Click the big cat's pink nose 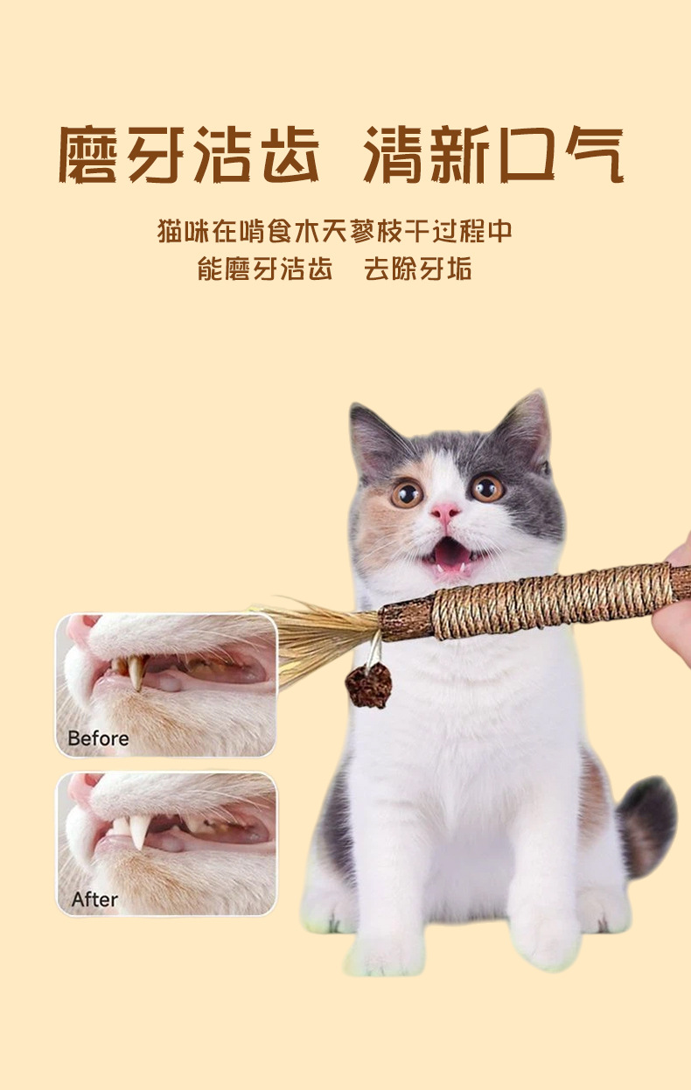445,511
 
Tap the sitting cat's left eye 407,494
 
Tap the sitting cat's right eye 486,487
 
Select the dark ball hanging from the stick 368,684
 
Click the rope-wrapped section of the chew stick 554,600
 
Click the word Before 98,738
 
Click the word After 94,900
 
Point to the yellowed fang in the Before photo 136,671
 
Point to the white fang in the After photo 138,831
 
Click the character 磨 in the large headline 88,154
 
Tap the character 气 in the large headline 595,154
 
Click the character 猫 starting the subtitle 170,231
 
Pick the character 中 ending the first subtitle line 499,231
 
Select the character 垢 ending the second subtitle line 460,268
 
